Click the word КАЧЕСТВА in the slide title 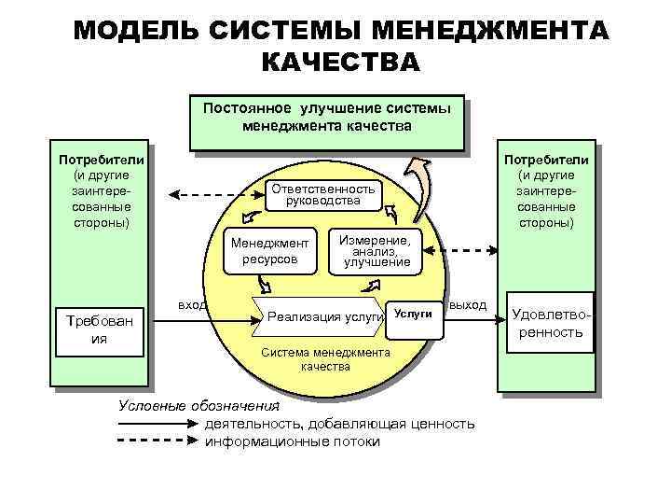coord(340,63)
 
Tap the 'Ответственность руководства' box coord(322,194)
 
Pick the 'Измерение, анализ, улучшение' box coord(377,251)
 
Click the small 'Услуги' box coord(413,315)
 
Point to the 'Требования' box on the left coord(99,330)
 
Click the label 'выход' coord(468,305)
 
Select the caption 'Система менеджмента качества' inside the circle coord(324,359)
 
